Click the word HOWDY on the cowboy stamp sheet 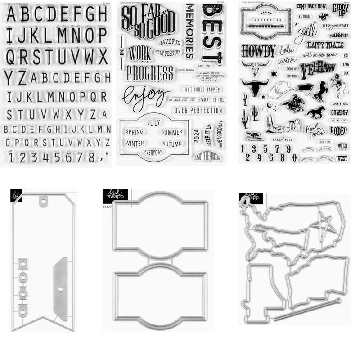258,50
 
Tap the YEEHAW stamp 318,68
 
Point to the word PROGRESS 150,72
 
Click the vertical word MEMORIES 189,31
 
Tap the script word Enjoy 143,96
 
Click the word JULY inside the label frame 154,122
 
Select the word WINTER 135,144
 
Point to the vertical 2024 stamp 196,135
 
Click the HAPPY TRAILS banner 325,45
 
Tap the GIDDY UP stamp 340,9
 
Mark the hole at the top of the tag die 44,202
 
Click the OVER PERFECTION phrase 198,110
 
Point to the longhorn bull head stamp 254,86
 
